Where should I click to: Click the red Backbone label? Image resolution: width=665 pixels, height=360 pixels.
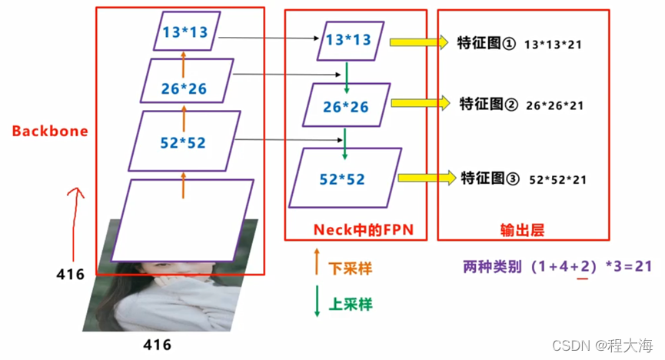[49, 132]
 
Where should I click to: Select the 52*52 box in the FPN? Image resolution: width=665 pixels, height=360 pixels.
[345, 178]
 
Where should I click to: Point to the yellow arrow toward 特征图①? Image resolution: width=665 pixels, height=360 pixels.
[418, 43]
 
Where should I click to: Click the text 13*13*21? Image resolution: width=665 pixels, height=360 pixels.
[553, 45]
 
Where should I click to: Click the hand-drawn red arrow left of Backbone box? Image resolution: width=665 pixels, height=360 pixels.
[74, 223]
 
